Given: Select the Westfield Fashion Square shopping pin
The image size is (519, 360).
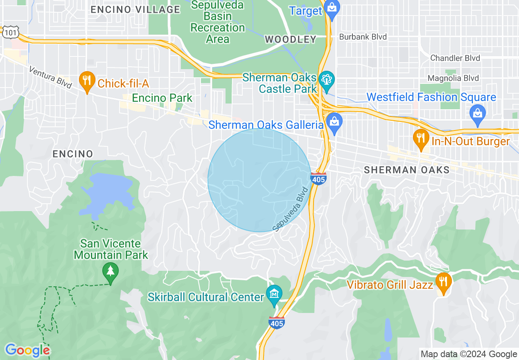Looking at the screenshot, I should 478,111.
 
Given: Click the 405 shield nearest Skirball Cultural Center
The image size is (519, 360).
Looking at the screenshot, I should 277,323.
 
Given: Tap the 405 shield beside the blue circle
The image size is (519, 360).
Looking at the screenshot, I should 318,179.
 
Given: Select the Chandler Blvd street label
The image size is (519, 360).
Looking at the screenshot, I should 455,58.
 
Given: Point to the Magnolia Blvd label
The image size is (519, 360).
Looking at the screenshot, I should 453,78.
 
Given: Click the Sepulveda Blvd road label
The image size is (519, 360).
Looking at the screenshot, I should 290,209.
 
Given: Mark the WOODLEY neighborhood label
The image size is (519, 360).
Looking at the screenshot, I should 291,39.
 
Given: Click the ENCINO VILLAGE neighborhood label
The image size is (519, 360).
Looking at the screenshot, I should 135,9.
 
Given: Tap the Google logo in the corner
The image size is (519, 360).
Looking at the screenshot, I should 27,350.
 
